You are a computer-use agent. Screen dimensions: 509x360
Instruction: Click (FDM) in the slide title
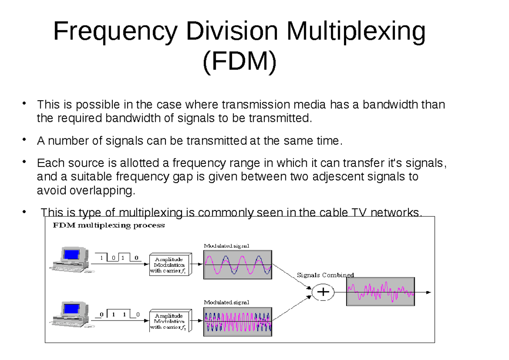point(240,61)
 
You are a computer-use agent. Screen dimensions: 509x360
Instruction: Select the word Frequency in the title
point(115,31)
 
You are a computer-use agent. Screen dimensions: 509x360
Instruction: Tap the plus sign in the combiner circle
point(323,292)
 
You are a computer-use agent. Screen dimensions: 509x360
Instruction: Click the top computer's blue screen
point(72,254)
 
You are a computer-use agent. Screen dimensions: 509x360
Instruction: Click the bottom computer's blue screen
point(72,309)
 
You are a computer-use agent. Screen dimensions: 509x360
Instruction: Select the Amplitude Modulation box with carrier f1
point(171,264)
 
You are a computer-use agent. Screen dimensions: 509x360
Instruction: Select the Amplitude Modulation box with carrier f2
point(171,321)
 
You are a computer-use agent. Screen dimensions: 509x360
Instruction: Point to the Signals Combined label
point(325,275)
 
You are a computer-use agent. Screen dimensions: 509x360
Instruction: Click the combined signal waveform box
point(380,292)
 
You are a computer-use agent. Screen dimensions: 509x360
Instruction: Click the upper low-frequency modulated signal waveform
point(238,265)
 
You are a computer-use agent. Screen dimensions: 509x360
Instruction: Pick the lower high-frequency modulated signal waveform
point(238,322)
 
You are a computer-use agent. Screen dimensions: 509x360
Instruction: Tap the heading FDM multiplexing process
point(109,225)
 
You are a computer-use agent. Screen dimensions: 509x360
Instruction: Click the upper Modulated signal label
point(227,246)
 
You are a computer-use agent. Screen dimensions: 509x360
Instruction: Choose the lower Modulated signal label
point(227,302)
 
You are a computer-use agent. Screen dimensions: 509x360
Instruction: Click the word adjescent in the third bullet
point(338,177)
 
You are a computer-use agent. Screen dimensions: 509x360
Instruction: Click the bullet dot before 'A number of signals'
point(24,139)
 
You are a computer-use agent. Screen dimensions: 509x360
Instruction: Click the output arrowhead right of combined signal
point(428,292)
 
